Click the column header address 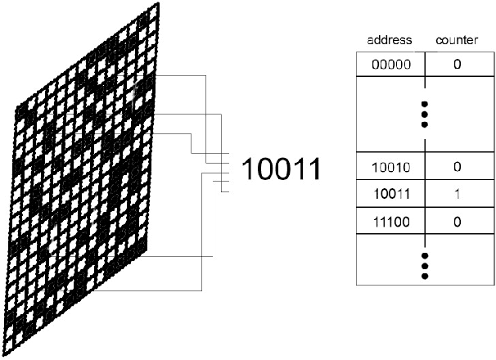click(x=390, y=39)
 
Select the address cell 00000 click(x=390, y=64)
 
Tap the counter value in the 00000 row click(x=457, y=64)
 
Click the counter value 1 click(x=457, y=194)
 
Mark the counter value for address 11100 click(x=457, y=221)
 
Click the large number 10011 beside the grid click(x=280, y=169)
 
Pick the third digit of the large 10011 click(x=281, y=169)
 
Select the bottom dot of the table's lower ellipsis click(x=424, y=277)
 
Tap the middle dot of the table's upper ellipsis click(x=424, y=115)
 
